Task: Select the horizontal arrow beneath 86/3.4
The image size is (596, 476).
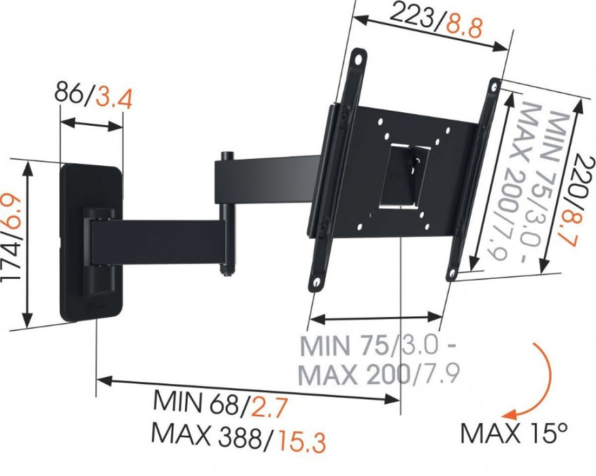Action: tap(91, 125)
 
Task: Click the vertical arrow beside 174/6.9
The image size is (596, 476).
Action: tap(28, 245)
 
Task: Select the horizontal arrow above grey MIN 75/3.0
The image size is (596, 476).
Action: tap(376, 318)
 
